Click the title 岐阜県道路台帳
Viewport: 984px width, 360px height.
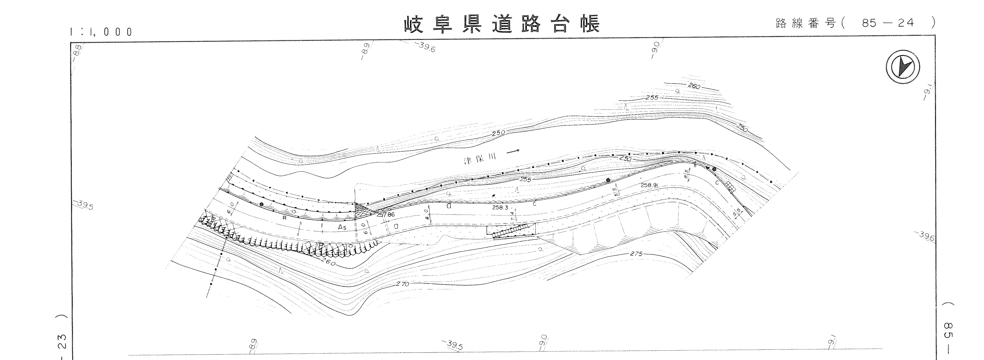click(501, 24)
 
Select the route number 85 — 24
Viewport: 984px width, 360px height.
click(888, 23)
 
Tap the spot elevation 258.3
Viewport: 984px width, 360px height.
click(500, 207)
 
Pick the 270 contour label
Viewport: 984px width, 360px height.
click(402, 284)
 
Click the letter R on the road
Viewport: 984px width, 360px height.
click(285, 218)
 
